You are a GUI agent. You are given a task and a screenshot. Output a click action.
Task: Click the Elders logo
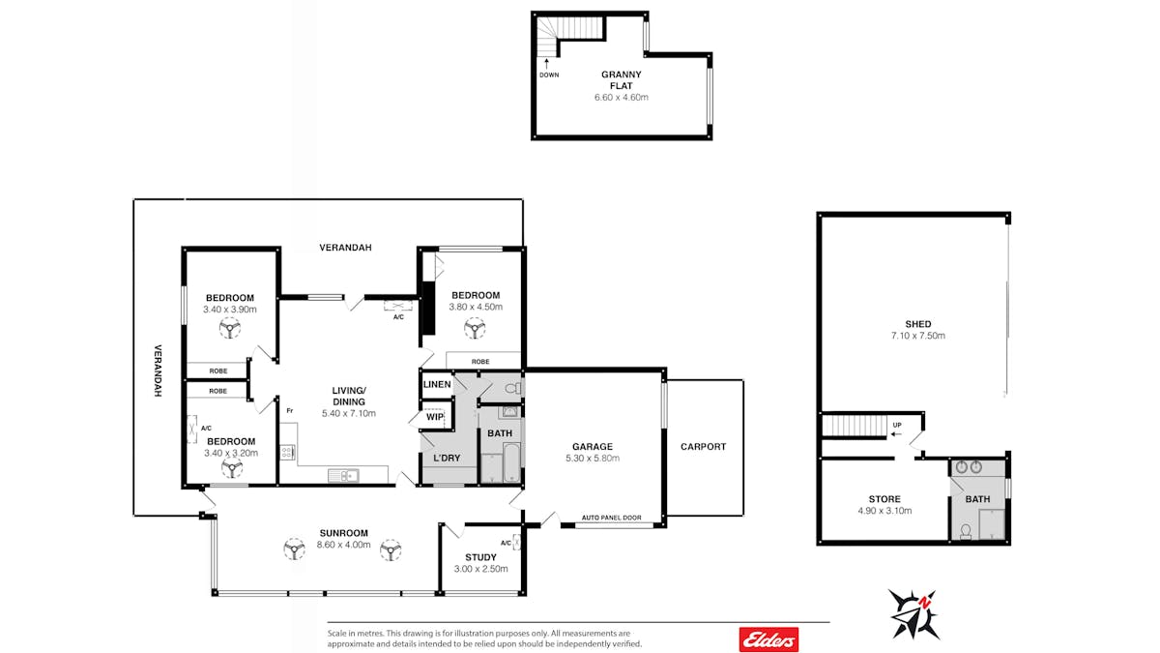[768, 639]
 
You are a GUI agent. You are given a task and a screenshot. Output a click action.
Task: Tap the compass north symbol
[914, 614]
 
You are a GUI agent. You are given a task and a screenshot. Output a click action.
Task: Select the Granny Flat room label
[621, 80]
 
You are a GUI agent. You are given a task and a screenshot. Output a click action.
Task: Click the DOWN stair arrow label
[549, 74]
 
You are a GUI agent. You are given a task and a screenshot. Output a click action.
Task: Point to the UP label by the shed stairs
[897, 425]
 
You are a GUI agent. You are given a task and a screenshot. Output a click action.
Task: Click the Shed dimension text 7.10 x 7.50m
[917, 336]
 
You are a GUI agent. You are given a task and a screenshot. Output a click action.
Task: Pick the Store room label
[884, 499]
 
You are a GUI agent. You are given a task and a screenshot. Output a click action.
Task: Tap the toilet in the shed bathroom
[966, 532]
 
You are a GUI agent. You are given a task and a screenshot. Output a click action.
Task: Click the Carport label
[704, 447]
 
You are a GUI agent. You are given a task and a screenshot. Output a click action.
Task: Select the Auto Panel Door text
[611, 518]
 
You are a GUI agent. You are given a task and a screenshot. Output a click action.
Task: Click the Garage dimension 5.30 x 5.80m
[593, 459]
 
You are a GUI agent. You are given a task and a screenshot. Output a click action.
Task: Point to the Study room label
[480, 557]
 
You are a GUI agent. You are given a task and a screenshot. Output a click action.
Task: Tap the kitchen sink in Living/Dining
[343, 475]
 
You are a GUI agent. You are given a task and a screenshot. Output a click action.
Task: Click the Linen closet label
[437, 385]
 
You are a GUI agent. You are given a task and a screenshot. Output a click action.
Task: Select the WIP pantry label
[435, 417]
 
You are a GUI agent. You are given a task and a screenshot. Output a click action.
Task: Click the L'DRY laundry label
[447, 459]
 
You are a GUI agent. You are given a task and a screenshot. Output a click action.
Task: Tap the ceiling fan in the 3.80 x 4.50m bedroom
[475, 329]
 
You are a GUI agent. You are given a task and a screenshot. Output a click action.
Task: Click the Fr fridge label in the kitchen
[290, 411]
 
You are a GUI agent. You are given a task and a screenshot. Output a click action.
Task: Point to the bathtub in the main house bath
[511, 462]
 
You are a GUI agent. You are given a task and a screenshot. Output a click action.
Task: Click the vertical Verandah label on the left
[158, 371]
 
